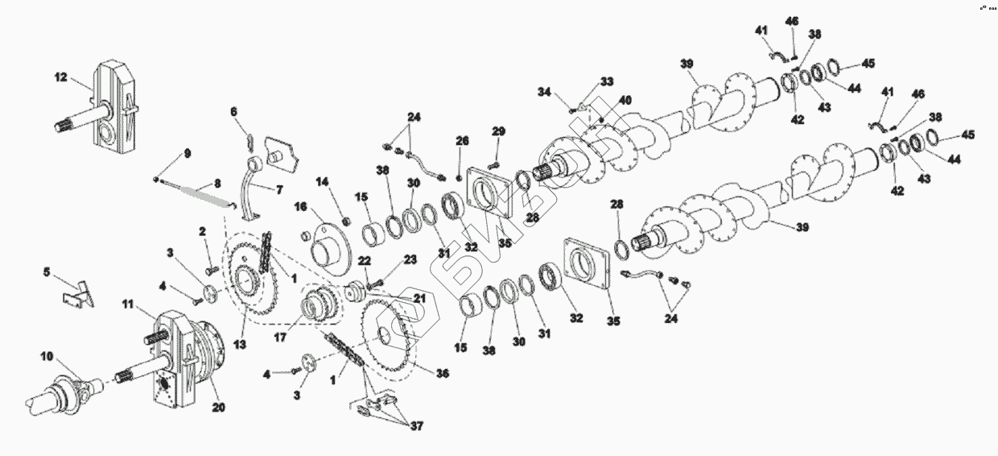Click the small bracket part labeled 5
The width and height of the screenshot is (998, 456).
point(80,293)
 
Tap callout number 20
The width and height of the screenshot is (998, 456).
point(217,407)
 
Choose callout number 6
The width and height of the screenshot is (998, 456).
point(234,111)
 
